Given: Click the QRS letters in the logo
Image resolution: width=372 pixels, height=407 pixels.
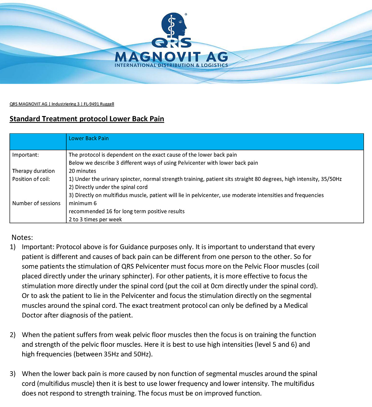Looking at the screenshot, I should tap(171, 43).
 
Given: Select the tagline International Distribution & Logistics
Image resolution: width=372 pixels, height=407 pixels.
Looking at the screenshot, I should tap(171, 66).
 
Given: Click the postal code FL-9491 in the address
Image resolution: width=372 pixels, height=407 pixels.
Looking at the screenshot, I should tap(91, 104).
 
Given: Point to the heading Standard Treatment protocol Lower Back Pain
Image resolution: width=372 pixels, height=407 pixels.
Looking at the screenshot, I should tap(87, 119).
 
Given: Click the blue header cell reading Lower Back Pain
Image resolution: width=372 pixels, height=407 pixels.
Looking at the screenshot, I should tap(89, 138).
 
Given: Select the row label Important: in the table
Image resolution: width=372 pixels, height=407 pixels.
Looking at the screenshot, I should tap(25, 155).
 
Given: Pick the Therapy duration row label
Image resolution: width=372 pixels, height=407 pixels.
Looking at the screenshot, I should tap(33, 171).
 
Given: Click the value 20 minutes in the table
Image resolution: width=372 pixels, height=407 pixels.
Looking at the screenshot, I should tap(82, 171).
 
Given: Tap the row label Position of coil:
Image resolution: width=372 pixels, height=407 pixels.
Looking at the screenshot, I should tap(31, 179).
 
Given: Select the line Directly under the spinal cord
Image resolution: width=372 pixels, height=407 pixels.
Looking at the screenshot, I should tap(108, 187).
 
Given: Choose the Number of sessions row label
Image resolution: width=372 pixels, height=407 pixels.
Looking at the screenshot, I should tap(36, 203).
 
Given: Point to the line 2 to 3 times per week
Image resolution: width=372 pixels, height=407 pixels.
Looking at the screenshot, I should tap(95, 219).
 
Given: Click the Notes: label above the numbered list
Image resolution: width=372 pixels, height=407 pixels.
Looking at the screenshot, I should tap(22, 237).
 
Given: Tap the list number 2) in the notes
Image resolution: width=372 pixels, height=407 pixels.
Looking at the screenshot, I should tap(12, 335).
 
